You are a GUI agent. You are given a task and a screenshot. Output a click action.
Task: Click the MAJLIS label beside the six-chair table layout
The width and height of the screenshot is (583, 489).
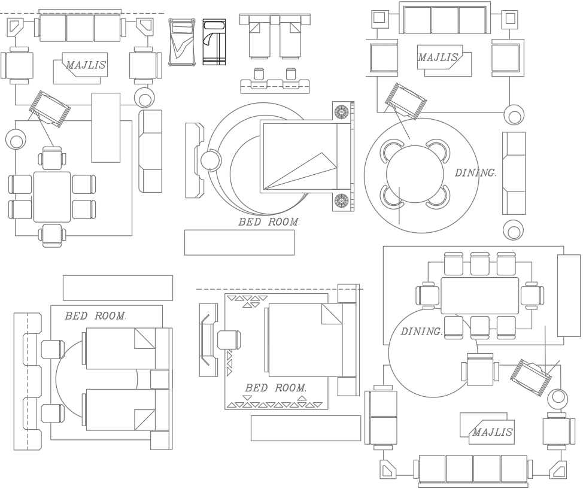click(x=86, y=65)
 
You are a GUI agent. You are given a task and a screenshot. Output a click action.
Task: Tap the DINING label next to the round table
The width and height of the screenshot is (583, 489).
click(x=476, y=173)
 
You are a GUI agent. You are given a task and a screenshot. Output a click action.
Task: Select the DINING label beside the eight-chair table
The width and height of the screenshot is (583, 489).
click(x=421, y=332)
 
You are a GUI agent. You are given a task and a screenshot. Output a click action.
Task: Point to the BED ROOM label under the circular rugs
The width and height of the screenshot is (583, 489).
click(x=269, y=222)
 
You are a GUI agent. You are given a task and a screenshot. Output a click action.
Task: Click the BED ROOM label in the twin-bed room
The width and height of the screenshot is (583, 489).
click(x=96, y=315)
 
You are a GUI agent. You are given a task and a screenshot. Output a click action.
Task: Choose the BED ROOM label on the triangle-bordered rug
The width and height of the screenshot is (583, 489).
click(x=275, y=388)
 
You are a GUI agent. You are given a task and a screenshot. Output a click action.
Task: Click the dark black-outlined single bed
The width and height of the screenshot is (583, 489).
click(x=214, y=42)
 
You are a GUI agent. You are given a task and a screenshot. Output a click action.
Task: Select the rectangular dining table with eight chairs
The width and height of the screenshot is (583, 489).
click(x=480, y=295)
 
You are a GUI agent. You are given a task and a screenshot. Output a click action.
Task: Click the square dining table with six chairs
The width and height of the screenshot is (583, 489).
click(x=52, y=197)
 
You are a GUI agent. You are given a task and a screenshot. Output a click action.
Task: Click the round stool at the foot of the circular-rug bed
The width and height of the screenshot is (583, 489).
click(x=210, y=161)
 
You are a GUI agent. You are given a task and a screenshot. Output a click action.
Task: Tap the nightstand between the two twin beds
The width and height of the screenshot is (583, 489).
click(x=159, y=379)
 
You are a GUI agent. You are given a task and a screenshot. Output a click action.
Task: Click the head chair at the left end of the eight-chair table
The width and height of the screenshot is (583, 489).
click(x=429, y=295)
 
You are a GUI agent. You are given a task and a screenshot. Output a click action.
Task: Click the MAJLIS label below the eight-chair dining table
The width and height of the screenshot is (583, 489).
click(x=492, y=432)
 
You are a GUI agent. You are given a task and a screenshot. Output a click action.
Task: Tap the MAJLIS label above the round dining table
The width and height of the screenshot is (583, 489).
click(x=438, y=57)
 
